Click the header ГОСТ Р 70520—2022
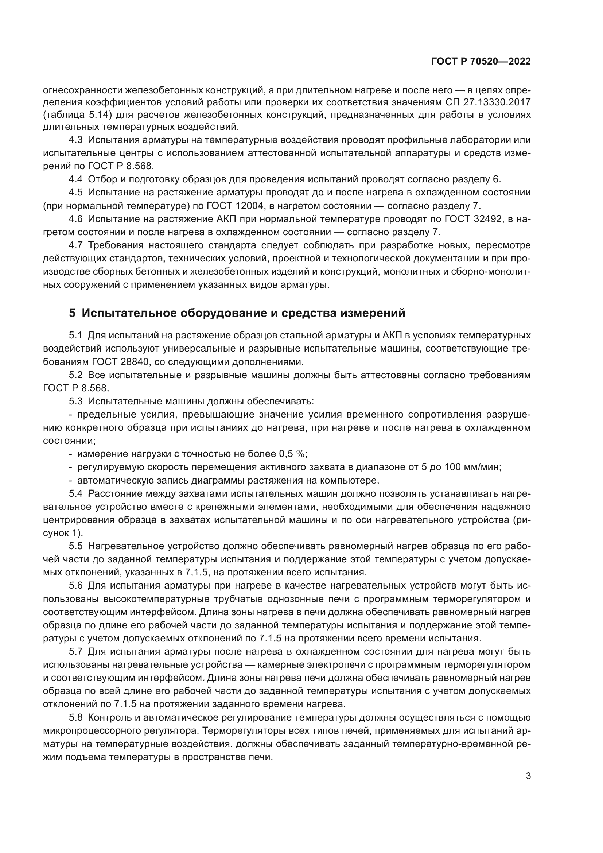coord(481,62)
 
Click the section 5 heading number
coord(72,313)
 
